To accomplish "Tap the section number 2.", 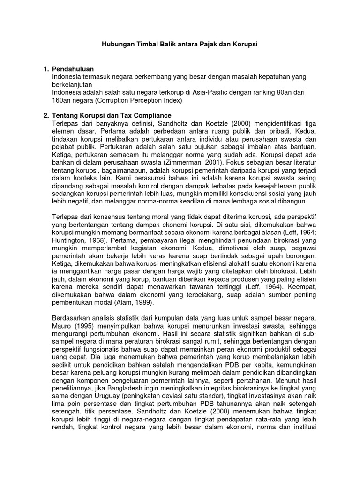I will [45, 115].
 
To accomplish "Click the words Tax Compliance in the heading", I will [147, 115].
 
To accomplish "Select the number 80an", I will [270, 92].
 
